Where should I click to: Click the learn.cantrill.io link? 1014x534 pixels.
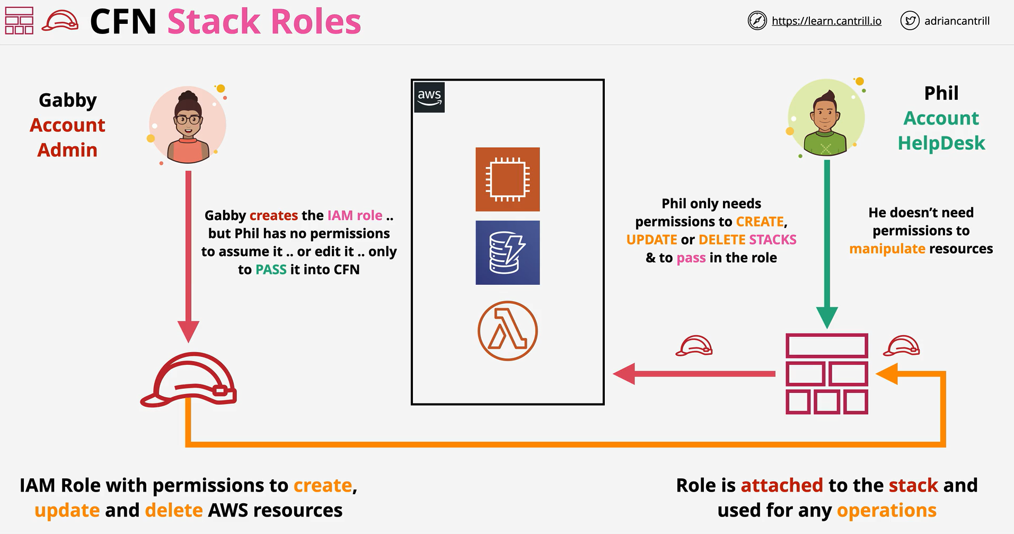coord(826,21)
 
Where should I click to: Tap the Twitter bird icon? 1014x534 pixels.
coord(910,21)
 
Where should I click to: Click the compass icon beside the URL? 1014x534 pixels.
coord(757,21)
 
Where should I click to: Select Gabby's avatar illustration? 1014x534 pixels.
coord(188,125)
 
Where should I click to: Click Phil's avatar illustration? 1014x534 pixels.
coord(826,118)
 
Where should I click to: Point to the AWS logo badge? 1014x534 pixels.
coord(429,98)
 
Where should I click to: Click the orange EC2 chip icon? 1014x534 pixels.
coord(508,179)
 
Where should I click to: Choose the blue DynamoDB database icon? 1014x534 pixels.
coord(508,252)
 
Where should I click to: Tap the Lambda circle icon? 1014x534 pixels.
coord(508,331)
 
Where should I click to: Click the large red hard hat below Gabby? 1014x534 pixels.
coord(188,380)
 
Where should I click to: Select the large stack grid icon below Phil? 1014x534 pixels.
coord(827,373)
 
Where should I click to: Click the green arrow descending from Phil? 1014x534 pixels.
coord(827,244)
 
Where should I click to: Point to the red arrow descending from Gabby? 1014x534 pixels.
coord(188,257)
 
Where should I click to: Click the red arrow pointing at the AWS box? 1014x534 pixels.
coord(694,374)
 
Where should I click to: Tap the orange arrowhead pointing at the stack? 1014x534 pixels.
coord(887,374)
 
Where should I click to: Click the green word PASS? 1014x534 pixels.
coord(271,269)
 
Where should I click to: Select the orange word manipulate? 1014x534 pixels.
coord(887,249)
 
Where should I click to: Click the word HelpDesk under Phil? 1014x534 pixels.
coord(941,143)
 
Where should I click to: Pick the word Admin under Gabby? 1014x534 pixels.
coord(67,150)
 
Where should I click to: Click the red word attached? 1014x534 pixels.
coord(782,485)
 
